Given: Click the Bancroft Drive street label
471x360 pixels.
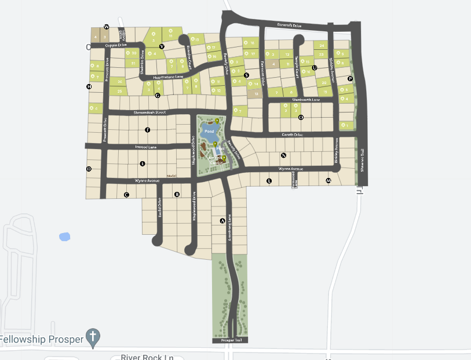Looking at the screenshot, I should pos(290,26).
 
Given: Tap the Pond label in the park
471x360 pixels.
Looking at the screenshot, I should pos(209,132).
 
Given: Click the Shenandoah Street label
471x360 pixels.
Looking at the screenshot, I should pos(149,112).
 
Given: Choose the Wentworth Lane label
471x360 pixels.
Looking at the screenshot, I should pos(306,100).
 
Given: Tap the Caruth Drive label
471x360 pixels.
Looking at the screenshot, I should pos(292,134).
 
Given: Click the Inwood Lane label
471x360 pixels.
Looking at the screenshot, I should pos(146,147).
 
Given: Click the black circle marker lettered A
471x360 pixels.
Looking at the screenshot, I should pos(222,221).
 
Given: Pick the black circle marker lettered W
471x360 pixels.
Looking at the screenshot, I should pos(107,27).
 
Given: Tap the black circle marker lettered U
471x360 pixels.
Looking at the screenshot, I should pos(315,68).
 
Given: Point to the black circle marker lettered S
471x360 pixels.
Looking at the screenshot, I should pos(246,75).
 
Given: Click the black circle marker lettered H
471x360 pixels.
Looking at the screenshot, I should pos(89,87).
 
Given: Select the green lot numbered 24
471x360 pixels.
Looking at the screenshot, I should pos(322,45).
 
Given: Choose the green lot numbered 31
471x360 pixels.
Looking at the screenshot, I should pos(133,63).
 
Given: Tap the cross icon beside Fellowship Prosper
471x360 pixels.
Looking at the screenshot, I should pos(93,336).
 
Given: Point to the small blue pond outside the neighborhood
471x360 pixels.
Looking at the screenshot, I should pos(64,237).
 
